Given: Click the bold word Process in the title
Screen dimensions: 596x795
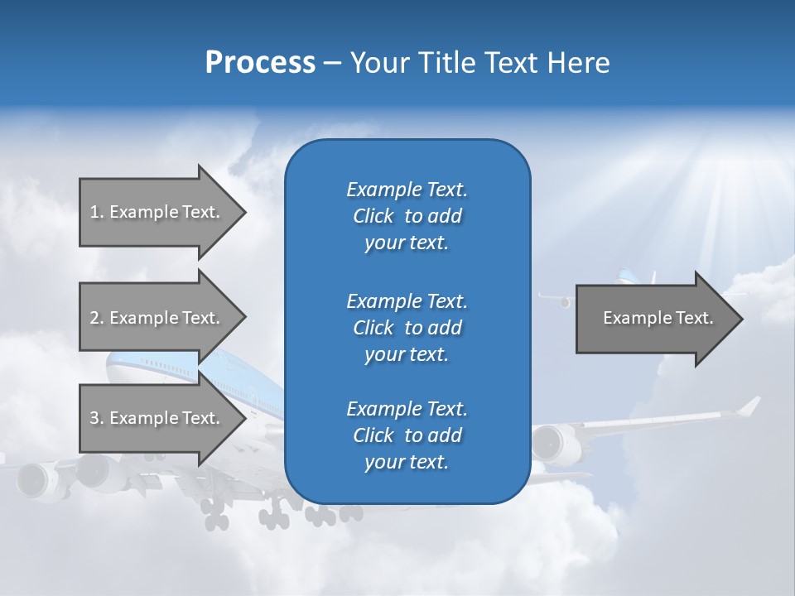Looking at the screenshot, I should coord(260,63).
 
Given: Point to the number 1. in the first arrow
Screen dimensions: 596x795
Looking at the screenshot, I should coord(97,212).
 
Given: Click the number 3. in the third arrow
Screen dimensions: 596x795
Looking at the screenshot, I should coord(97,418).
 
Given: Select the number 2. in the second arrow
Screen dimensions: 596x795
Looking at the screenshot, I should coord(97,318).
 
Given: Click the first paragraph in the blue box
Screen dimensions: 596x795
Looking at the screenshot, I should coord(407,216).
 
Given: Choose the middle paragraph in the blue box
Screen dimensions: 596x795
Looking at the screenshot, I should coord(407,328).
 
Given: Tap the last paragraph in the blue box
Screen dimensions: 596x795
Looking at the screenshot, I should coord(407,435).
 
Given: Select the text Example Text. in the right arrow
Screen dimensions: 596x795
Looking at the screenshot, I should coord(658,318).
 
